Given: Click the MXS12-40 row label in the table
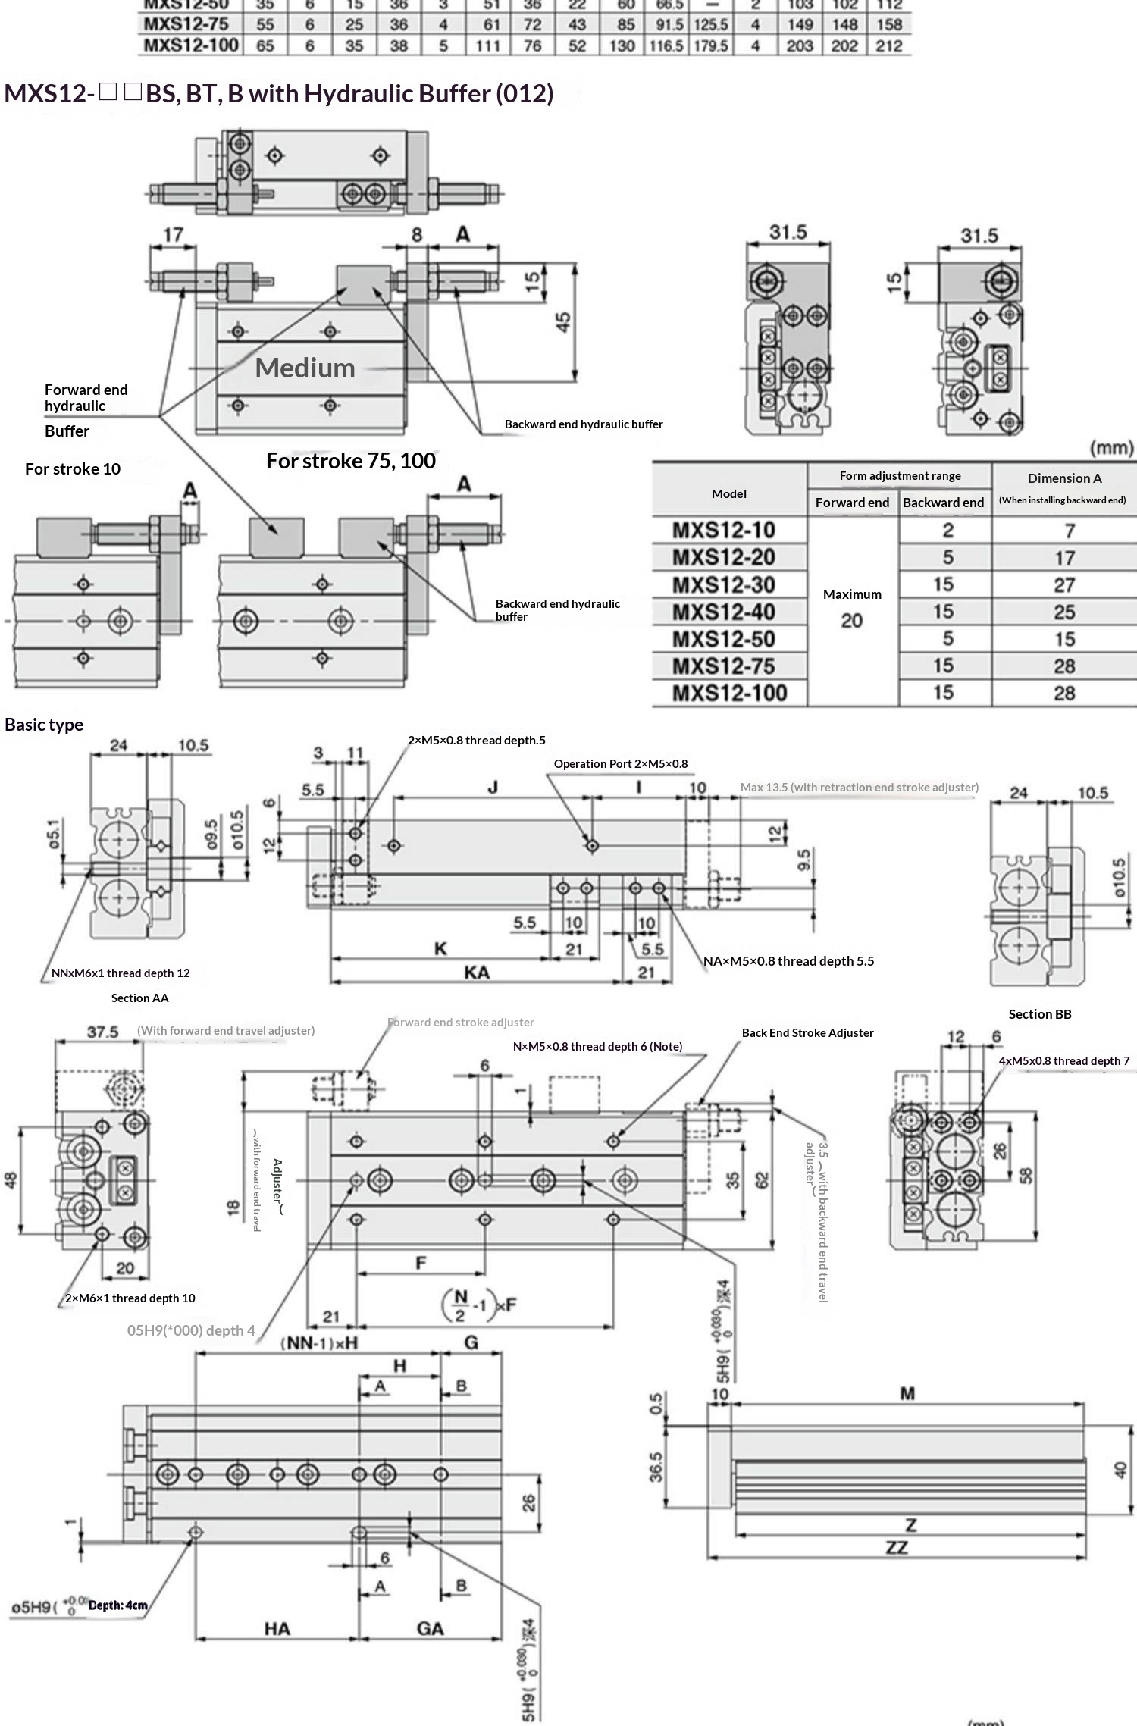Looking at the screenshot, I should [x=723, y=612].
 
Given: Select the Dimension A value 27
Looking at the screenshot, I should [x=1064, y=585].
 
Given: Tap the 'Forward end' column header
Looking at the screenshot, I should [x=852, y=503].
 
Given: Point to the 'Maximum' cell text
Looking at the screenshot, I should [x=852, y=594].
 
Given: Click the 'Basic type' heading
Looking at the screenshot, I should [x=44, y=725].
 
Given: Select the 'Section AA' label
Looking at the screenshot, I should [x=139, y=998].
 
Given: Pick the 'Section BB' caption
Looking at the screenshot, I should [x=1039, y=1014].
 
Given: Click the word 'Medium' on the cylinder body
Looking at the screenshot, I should [x=305, y=368].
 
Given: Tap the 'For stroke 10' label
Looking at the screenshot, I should [x=73, y=468].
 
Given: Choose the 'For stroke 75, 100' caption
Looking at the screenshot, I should [x=351, y=461].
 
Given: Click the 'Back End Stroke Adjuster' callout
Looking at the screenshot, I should [x=807, y=1032].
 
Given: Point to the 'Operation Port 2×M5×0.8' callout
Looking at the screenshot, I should [x=621, y=763].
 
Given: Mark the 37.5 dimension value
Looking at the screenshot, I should [x=102, y=1032].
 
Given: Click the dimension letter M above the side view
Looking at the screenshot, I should [x=907, y=1393].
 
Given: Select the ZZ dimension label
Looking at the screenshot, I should [x=897, y=1547].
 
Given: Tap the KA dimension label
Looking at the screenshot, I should [x=476, y=973].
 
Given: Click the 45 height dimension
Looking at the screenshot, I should [x=563, y=322].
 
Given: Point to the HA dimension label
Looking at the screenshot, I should [x=277, y=1628].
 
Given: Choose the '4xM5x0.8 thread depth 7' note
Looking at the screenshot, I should [x=1063, y=1060].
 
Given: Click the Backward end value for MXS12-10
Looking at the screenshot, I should [x=947, y=531].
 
